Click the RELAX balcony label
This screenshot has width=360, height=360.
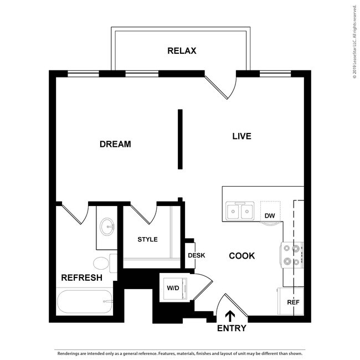[x=182, y=52]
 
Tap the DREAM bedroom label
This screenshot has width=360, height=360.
[x=115, y=145]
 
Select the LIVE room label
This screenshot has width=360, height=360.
[x=241, y=136]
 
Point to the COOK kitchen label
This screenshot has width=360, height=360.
[x=242, y=256]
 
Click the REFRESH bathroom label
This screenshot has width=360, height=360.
[x=81, y=277]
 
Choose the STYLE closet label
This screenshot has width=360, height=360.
[x=148, y=240]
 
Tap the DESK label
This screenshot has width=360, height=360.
[x=197, y=255]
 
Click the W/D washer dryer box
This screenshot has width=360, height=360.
[x=173, y=288]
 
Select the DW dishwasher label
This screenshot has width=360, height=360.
[x=270, y=215]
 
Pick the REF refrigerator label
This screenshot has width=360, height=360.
[x=292, y=302]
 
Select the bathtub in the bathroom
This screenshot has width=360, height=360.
[x=84, y=302]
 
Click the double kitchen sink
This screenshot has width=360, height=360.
[x=240, y=211]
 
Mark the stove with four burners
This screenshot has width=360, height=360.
[x=293, y=255]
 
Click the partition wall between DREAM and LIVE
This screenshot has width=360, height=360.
[x=180, y=138]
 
